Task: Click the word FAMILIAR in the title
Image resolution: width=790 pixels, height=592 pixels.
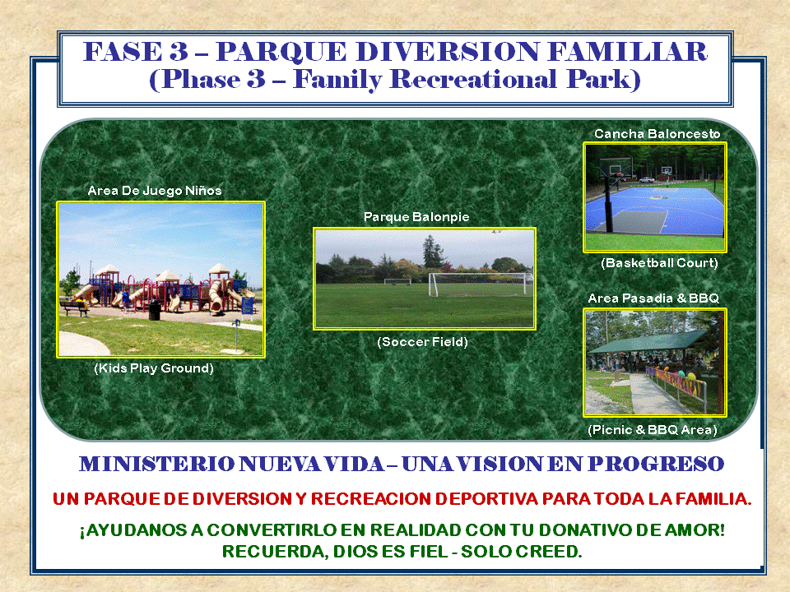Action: pos(627,52)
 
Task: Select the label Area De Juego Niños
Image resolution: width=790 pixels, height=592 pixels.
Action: pos(155,191)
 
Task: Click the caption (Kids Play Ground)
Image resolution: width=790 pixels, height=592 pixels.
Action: pos(154,368)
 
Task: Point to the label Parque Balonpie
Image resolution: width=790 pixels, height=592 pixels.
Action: pos(416,217)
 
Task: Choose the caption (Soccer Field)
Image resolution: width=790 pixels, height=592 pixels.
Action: pos(422,342)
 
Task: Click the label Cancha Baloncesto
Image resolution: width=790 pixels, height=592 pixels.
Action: pos(657,134)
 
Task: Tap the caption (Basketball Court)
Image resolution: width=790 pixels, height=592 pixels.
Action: pos(659,263)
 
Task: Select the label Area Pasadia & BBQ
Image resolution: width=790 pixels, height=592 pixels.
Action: pos(653,298)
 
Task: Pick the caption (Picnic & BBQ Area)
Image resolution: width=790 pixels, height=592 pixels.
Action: pos(653,430)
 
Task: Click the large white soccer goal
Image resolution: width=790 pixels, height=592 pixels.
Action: pos(480,284)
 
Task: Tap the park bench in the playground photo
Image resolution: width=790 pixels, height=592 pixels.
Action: pos(74,307)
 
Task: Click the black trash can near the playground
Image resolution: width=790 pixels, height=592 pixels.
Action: pos(155,310)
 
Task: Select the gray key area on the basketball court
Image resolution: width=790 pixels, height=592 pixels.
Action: pos(639,221)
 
